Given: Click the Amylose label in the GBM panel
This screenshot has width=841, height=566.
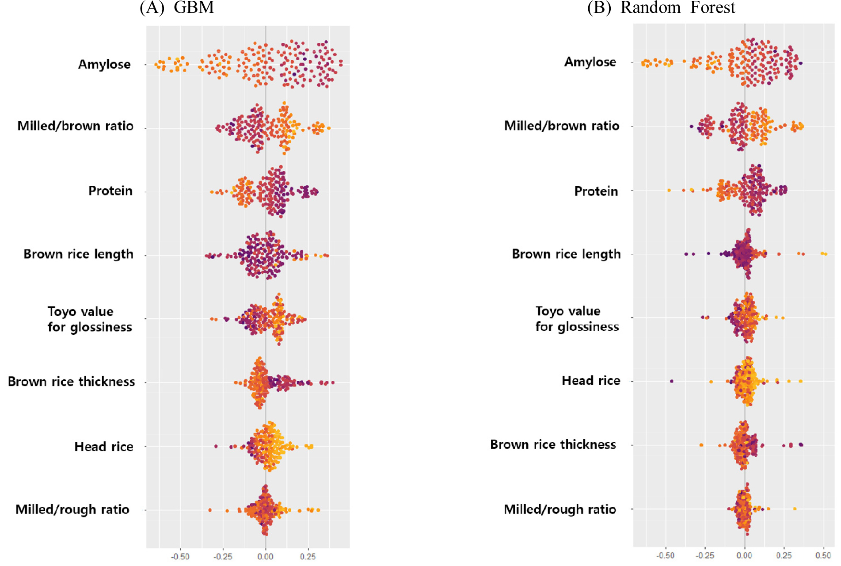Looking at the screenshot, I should click(x=104, y=65).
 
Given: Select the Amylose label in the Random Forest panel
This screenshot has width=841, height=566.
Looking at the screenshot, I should click(x=590, y=62).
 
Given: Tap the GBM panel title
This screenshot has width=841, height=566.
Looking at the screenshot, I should click(x=177, y=8).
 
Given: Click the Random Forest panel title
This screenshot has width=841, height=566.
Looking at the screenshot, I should click(x=661, y=8).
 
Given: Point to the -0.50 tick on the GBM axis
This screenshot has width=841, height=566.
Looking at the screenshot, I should click(x=180, y=556).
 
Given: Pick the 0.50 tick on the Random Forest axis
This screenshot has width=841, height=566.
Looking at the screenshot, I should click(x=823, y=555).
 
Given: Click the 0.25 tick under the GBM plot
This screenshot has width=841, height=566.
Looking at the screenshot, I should click(x=308, y=556).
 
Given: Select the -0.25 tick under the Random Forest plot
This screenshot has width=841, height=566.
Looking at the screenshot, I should click(x=705, y=555).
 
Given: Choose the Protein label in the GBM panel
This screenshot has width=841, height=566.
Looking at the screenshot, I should click(x=110, y=191).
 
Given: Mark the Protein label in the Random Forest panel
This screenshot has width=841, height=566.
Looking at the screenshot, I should click(x=596, y=191).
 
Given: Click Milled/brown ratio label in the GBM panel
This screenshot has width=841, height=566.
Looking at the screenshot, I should click(x=75, y=126).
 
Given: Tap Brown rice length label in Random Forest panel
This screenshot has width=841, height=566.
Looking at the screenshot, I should click(x=566, y=254).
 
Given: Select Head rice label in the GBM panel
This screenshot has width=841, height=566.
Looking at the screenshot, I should click(x=104, y=447).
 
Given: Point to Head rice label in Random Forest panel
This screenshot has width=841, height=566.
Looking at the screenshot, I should click(x=591, y=381).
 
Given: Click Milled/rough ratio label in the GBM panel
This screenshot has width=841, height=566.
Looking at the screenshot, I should click(x=72, y=510).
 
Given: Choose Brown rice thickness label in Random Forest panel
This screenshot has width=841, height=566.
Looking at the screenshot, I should click(x=553, y=445).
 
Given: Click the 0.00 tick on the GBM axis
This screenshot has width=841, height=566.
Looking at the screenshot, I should click(x=266, y=556).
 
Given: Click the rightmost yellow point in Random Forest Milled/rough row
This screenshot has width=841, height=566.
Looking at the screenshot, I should click(x=795, y=509).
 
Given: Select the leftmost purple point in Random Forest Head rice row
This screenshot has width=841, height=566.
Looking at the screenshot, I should click(x=672, y=381).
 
